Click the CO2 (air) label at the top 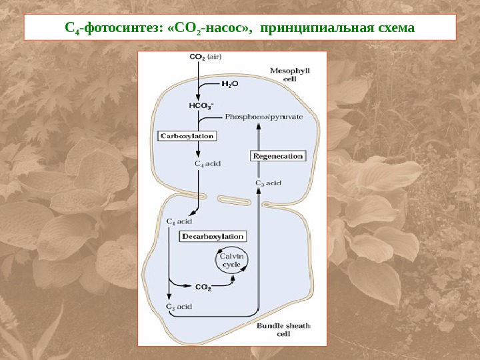pyautogui.click(x=205, y=57)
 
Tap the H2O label pyautogui.click(x=230, y=85)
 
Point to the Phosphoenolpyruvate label pyautogui.click(x=264, y=117)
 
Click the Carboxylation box pyautogui.click(x=187, y=135)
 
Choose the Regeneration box pyautogui.click(x=277, y=156)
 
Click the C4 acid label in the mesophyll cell pyautogui.click(x=207, y=162)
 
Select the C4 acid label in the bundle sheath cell pyautogui.click(x=179, y=221)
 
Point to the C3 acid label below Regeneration pyautogui.click(x=268, y=182)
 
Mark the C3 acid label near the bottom pyautogui.click(x=179, y=307)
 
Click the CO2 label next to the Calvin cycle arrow pyautogui.click(x=203, y=288)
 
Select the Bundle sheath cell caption pyautogui.click(x=283, y=329)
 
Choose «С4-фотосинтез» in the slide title pyautogui.click(x=111, y=29)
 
